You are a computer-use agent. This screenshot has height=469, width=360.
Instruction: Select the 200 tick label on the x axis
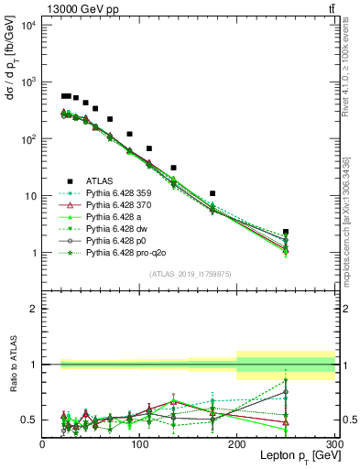236,444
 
